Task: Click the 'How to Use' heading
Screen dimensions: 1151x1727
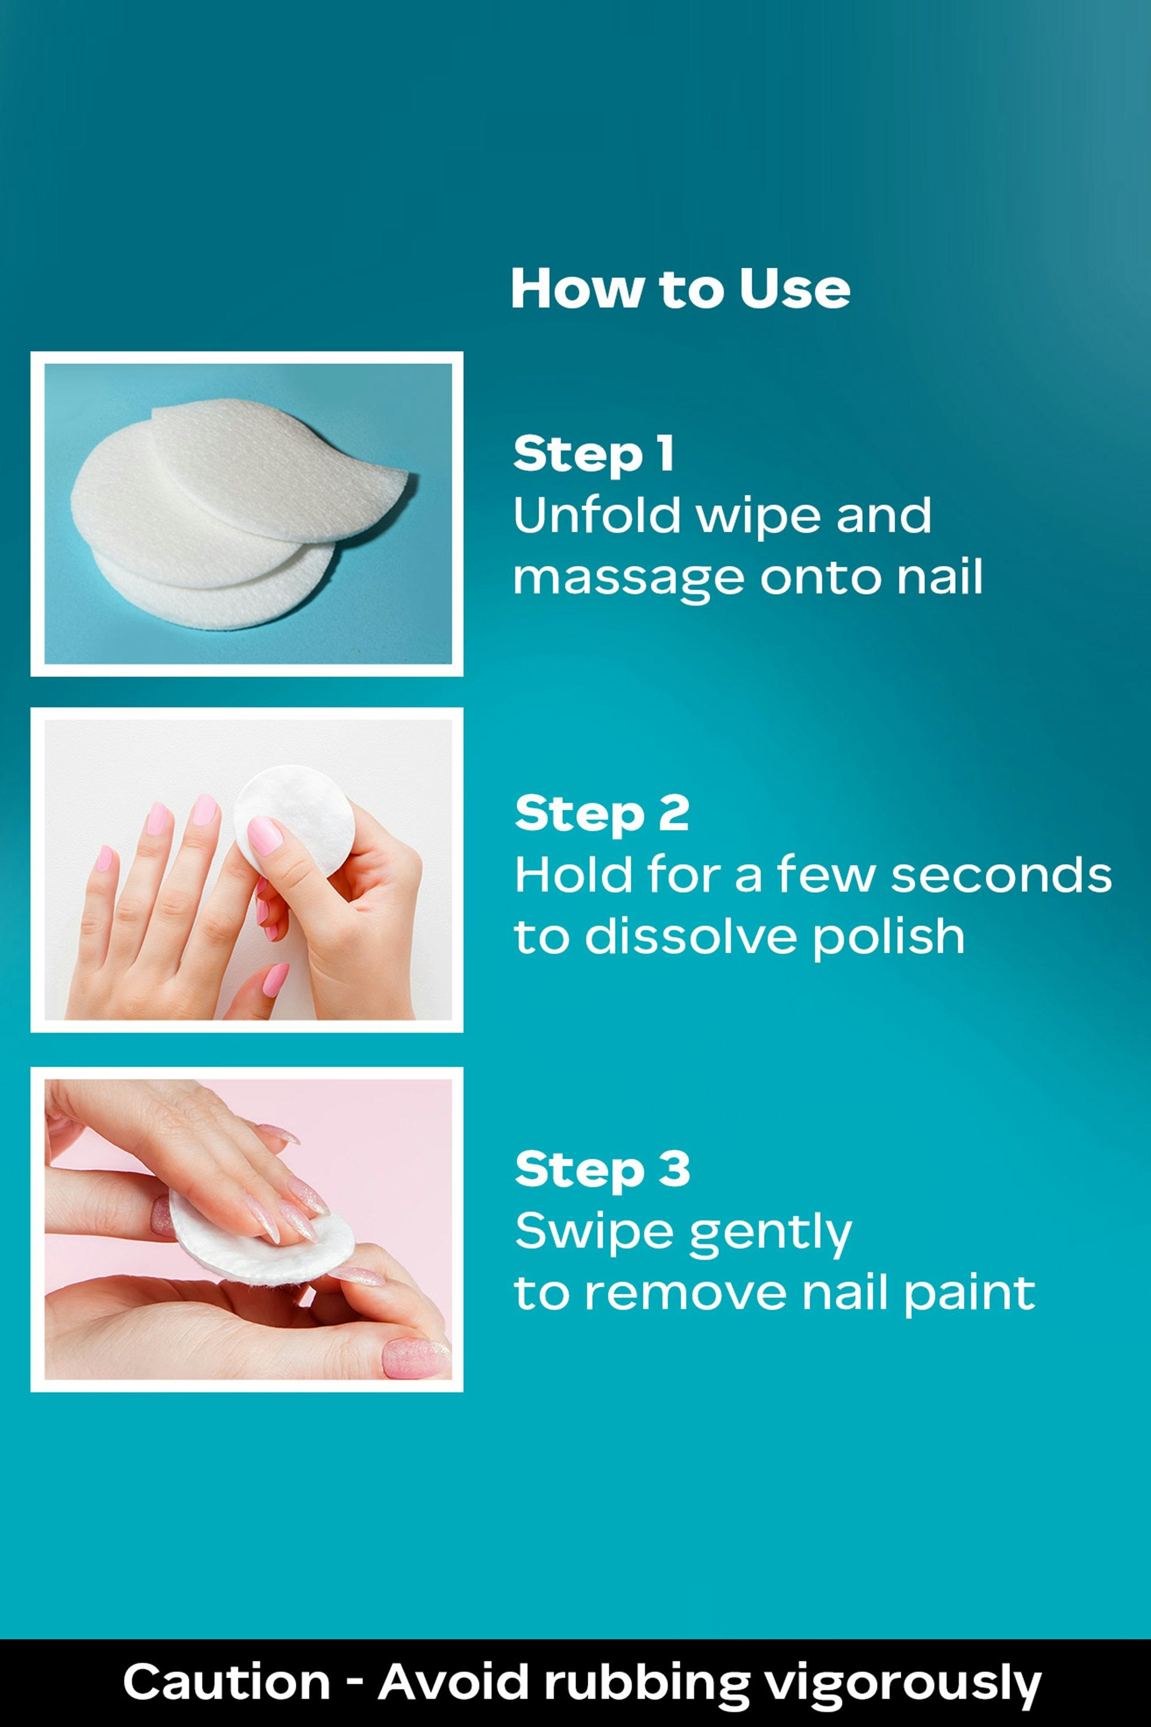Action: (x=680, y=288)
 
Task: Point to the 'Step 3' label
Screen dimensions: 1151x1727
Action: (x=602, y=1169)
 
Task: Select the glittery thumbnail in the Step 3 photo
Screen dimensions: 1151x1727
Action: (x=416, y=1359)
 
